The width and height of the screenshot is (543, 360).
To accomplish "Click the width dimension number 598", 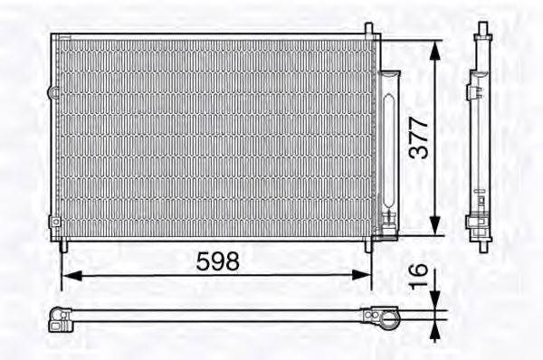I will tap(218, 261).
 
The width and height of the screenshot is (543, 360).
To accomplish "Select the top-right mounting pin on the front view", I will tap(370, 30).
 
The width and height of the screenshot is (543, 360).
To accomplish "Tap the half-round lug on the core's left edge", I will tap(52, 91).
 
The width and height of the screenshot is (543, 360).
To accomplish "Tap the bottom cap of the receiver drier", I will tap(390, 220).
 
